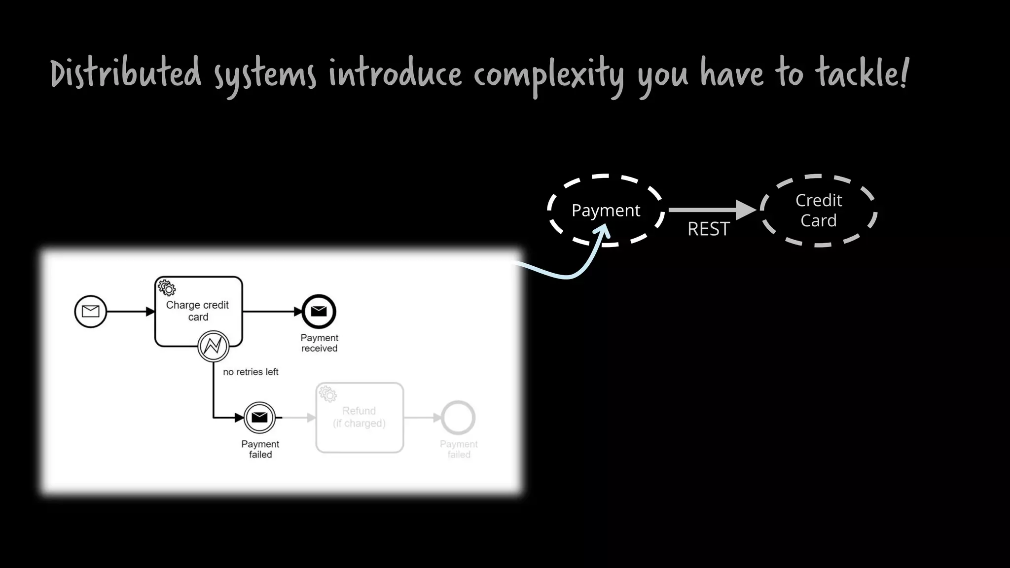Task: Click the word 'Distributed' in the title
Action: tap(126, 74)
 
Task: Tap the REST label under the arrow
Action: tap(708, 229)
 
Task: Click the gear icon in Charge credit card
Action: tap(167, 288)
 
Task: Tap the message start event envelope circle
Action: tap(91, 312)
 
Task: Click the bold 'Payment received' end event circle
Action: tap(319, 312)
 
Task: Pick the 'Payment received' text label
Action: tap(320, 343)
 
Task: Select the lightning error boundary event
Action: tap(214, 346)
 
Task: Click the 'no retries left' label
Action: tap(251, 372)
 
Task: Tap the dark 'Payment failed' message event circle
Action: tap(260, 418)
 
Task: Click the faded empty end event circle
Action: tap(458, 418)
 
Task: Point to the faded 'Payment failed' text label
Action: tap(459, 450)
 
